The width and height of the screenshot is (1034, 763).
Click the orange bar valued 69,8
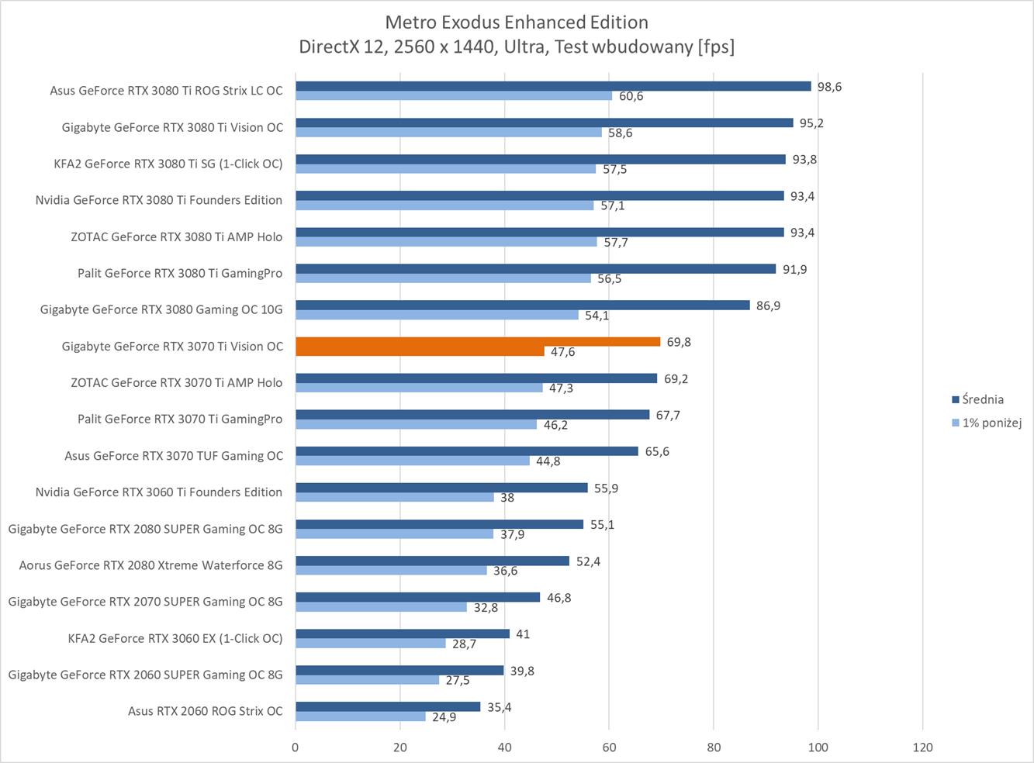click(478, 342)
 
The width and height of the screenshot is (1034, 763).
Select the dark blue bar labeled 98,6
click(553, 86)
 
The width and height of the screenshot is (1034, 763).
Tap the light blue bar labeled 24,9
click(361, 716)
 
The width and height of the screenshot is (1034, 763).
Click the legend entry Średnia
click(982, 399)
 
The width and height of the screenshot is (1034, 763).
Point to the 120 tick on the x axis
click(922, 747)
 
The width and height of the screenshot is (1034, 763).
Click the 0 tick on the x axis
click(296, 747)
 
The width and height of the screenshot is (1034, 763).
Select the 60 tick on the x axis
click(609, 747)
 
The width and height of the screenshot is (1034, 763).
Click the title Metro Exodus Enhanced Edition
click(517, 22)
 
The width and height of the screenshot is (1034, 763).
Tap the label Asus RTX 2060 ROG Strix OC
click(206, 711)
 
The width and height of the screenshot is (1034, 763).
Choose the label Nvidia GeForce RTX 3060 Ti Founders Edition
click(159, 492)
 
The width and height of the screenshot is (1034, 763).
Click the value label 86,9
click(768, 306)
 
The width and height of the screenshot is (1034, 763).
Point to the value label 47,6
click(562, 352)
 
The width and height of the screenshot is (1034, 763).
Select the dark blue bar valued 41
click(403, 634)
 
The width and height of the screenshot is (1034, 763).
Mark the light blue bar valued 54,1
click(437, 315)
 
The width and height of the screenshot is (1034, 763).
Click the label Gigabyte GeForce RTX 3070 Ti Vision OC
click(172, 346)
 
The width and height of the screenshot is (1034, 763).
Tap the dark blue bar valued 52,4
click(432, 561)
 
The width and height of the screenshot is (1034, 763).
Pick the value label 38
click(507, 498)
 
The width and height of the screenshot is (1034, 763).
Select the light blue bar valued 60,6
click(454, 95)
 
